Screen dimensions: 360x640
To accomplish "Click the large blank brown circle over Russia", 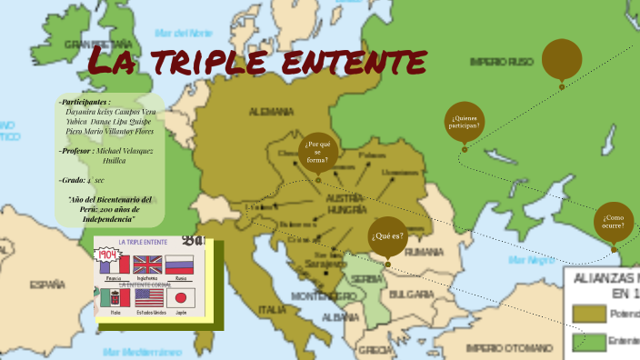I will pos(562,59).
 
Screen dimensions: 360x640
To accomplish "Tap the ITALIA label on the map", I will pos(271,309).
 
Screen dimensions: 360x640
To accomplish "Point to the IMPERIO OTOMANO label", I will pos(508,346).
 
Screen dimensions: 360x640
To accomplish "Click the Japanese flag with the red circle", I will pos(179,298).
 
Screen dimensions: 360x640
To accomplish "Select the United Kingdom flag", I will pos(145,265).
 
